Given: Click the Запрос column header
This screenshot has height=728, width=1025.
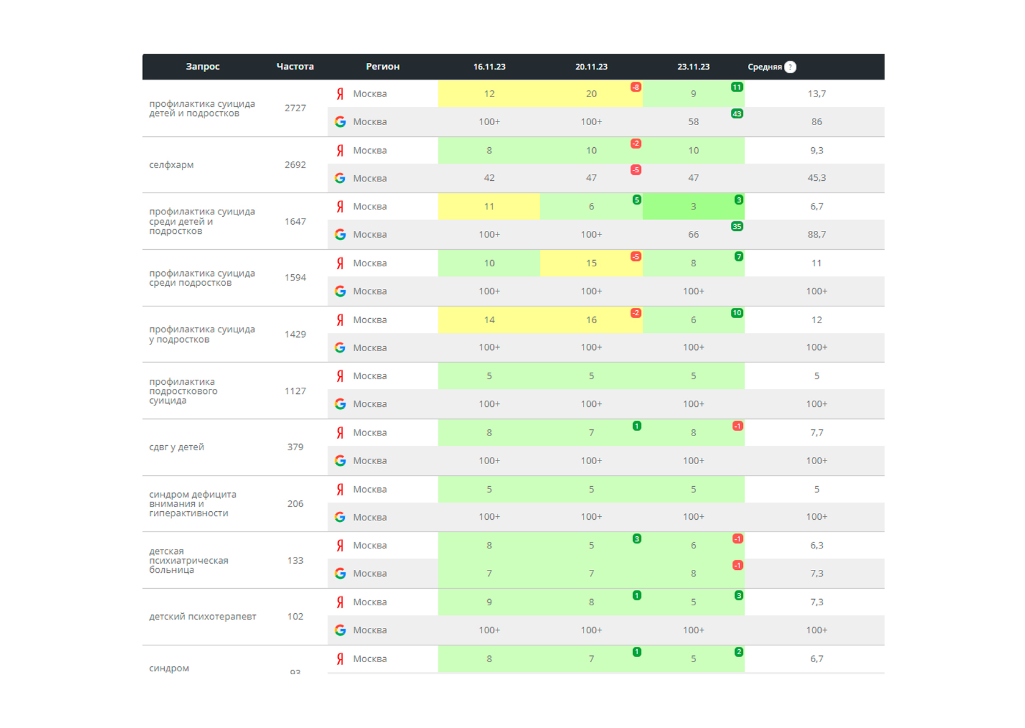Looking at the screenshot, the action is coord(203,67).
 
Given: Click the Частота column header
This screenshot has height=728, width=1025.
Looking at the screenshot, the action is coord(295,67).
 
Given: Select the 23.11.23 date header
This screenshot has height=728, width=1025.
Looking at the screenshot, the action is coord(694,67).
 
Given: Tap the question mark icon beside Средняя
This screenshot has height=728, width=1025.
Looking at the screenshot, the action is coord(790,67).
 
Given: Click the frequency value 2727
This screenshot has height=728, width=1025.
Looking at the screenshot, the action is coord(295,108).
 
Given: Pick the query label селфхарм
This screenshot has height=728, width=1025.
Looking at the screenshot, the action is coord(172,165).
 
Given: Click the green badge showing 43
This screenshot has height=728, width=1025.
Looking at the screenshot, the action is coord(737,114).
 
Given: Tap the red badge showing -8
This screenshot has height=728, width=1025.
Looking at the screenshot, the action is coord(636,87).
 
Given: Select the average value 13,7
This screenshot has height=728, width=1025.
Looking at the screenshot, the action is coord(817,94).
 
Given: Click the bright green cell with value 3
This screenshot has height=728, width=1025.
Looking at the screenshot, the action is coord(694,206).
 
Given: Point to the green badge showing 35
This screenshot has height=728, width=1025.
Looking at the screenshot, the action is coord(737,226).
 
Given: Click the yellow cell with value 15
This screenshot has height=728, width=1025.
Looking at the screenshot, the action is coord(591,263).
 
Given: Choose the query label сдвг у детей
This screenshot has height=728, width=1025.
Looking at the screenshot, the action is coord(176,447).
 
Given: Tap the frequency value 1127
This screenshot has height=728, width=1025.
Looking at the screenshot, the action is coord(295,391).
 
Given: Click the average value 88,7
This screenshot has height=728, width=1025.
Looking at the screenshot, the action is coord(817,235).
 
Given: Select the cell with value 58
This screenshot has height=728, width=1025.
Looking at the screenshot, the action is coord(694,122).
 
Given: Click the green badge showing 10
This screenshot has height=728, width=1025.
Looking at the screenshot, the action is coord(737,313).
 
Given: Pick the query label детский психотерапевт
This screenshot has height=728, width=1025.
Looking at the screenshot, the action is coord(203,616).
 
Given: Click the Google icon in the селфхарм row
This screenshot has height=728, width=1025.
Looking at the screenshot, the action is coord(340,178).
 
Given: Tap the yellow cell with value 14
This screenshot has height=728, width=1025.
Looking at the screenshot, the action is coord(489,320).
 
